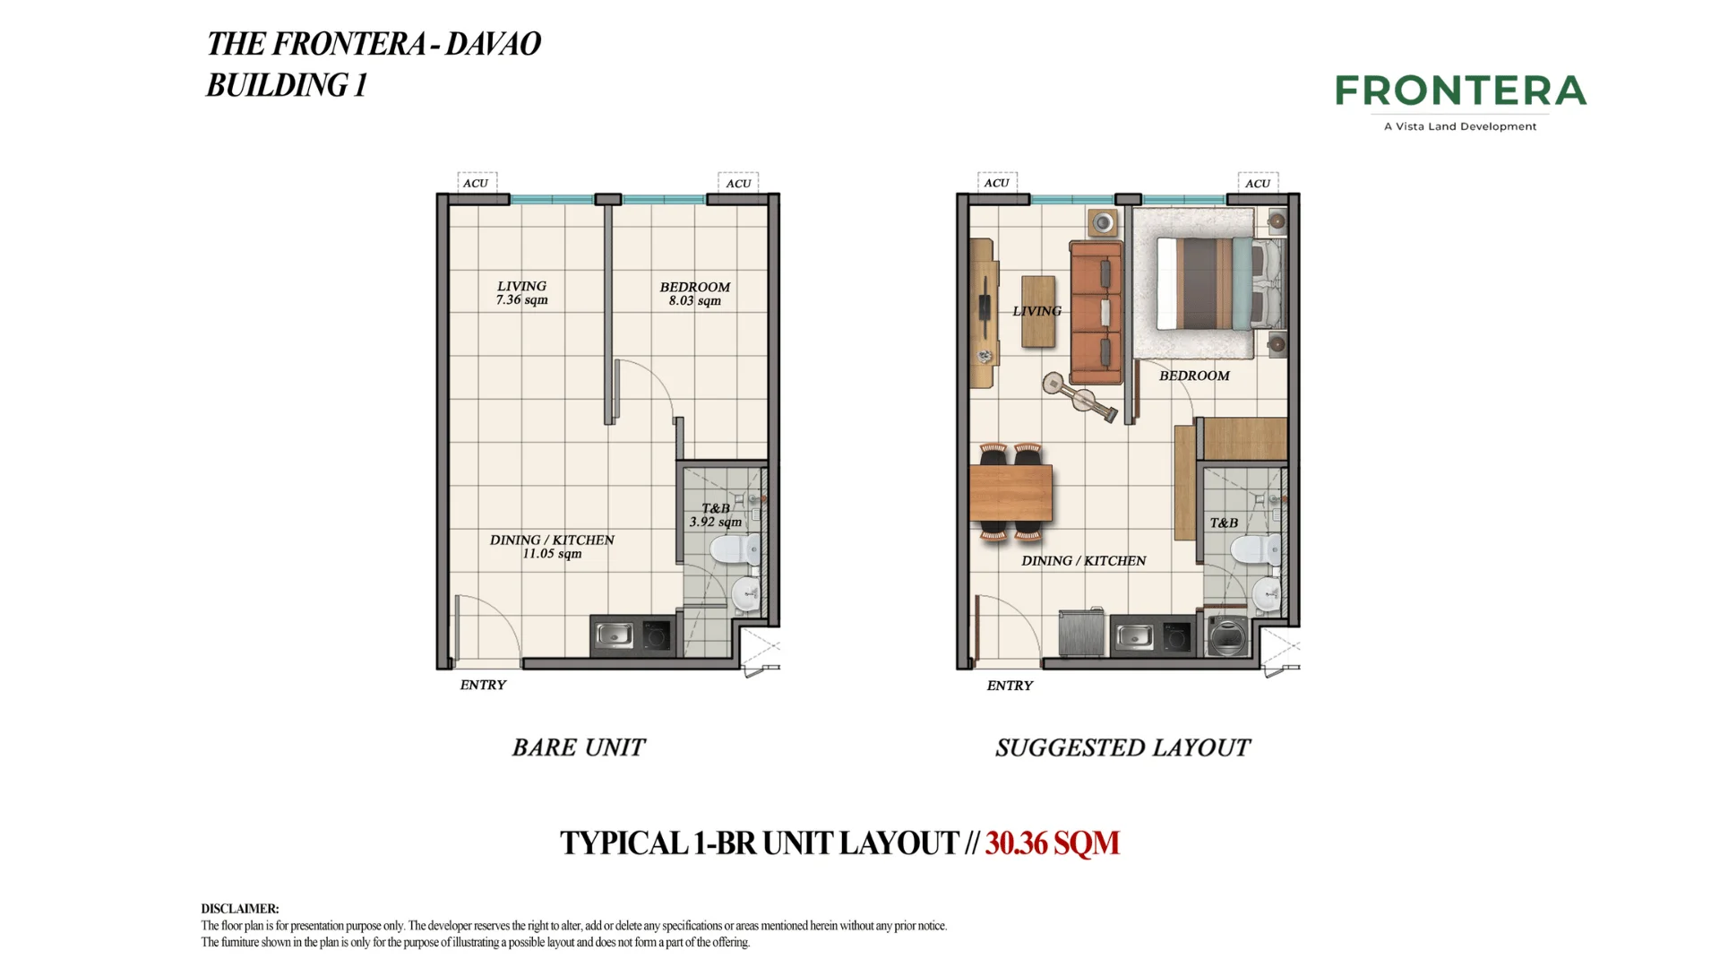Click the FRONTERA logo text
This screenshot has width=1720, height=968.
point(1460,91)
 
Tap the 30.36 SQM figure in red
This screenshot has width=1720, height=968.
point(1052,843)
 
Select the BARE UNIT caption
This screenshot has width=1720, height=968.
point(578,748)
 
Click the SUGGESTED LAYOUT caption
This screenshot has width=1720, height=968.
point(1122,748)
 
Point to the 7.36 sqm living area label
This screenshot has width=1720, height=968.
point(521,299)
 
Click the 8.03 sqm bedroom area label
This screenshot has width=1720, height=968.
point(694,300)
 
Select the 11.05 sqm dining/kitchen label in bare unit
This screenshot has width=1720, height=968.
point(552,554)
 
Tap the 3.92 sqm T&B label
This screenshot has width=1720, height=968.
point(715,522)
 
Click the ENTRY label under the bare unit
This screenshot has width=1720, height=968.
point(483,685)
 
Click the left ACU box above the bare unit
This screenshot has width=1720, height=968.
point(476,183)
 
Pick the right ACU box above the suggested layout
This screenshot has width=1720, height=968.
point(1258,183)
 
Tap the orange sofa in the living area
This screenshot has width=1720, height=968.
point(1096,312)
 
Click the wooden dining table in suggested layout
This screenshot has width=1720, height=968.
point(1010,493)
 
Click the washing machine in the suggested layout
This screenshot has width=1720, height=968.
point(1226,635)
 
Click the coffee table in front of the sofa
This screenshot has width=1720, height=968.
point(1038,311)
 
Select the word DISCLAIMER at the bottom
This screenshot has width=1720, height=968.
point(239,909)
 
